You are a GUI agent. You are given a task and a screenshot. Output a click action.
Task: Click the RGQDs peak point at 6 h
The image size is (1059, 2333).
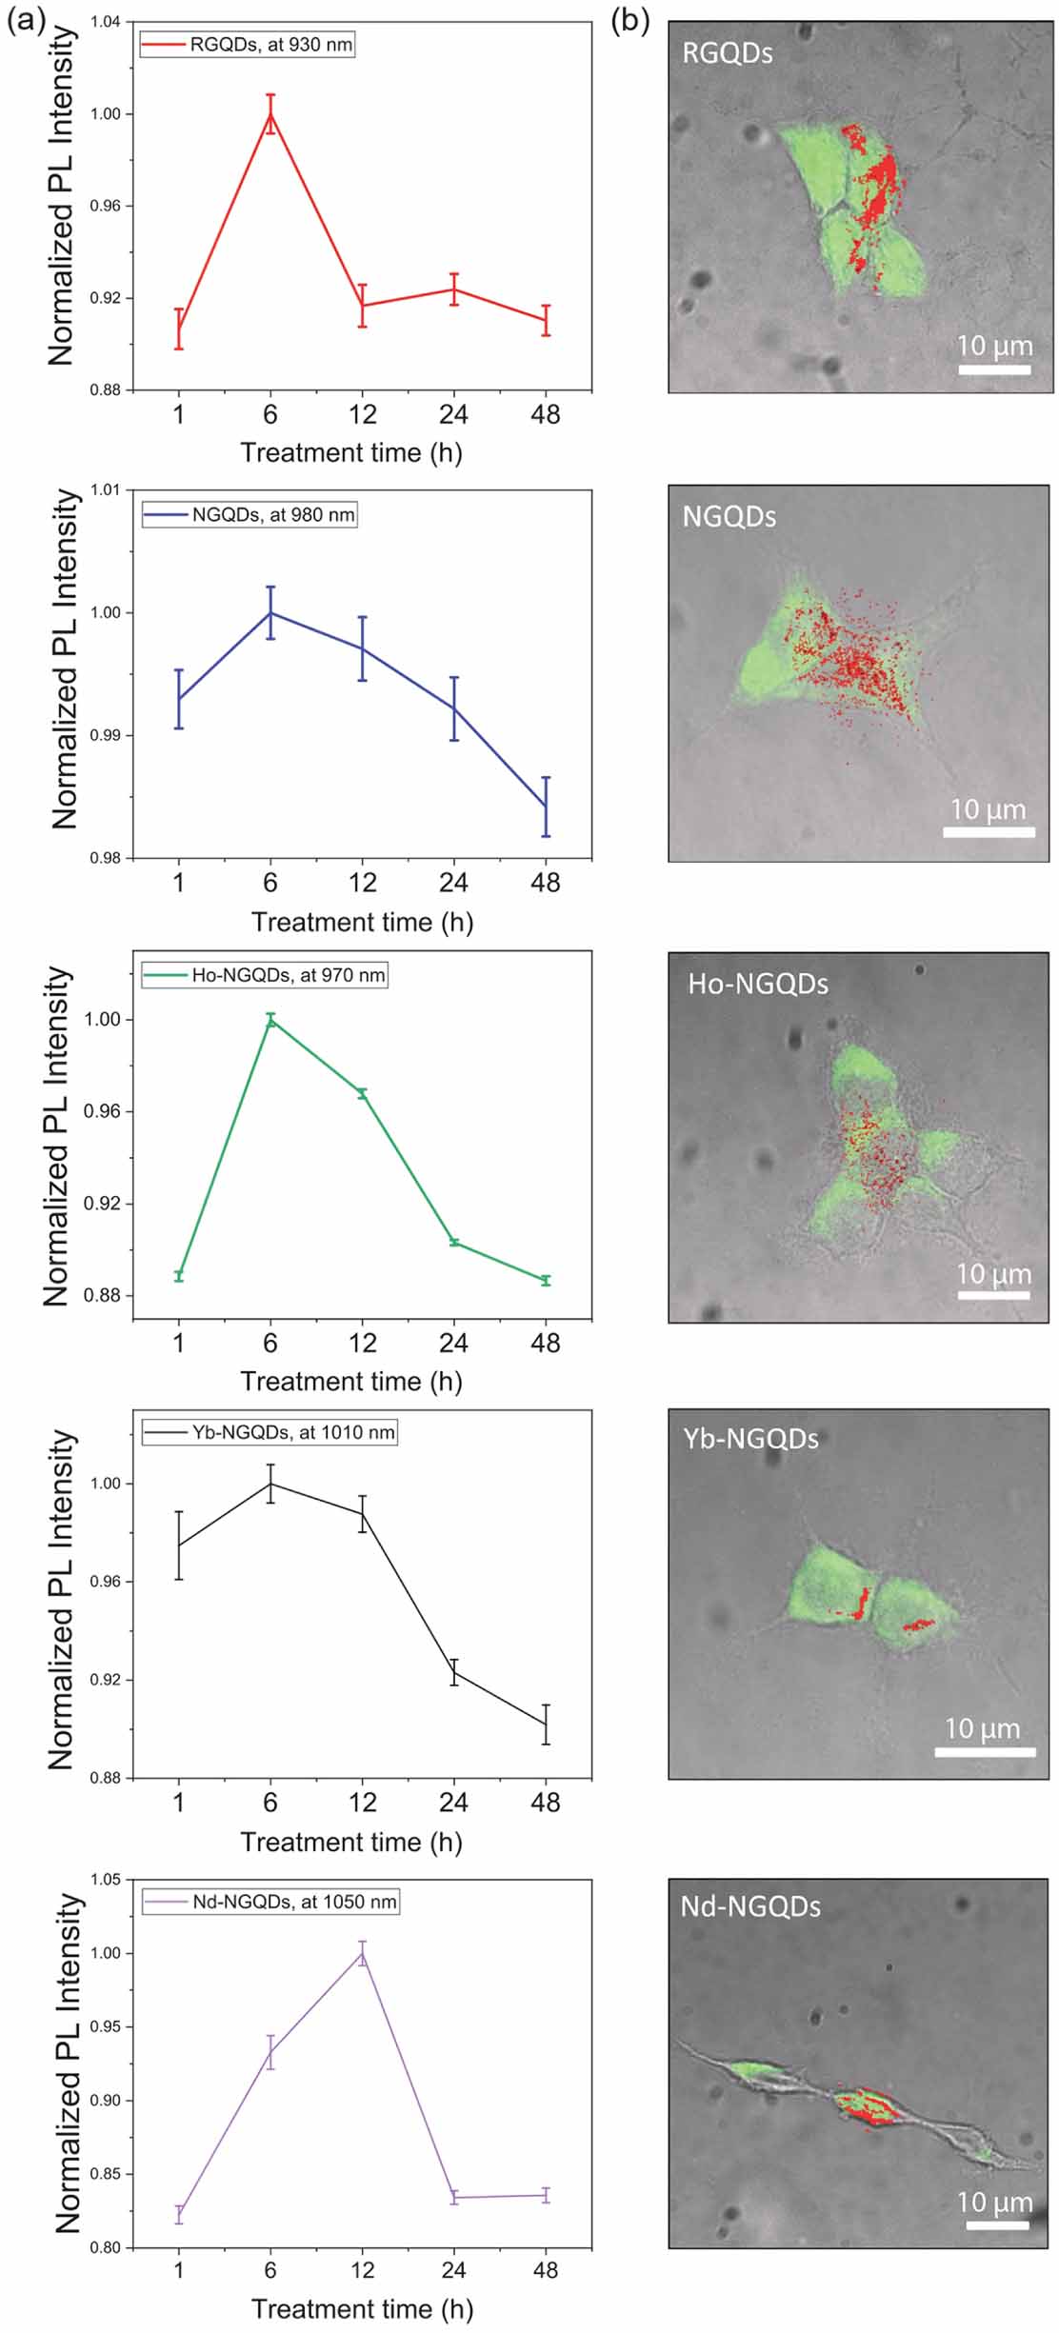270,114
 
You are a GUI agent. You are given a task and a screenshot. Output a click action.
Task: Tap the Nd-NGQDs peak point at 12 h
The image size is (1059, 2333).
362,1953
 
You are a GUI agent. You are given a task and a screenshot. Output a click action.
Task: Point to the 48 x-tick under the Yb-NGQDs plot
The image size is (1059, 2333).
546,1802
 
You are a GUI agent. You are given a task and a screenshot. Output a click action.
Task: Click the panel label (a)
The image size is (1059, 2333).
26,20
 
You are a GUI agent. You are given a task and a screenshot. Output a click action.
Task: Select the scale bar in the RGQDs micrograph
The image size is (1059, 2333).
994,369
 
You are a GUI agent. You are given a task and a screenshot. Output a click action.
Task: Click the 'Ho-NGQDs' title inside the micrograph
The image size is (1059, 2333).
758,984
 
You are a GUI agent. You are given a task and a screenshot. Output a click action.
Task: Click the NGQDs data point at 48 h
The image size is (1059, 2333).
546,807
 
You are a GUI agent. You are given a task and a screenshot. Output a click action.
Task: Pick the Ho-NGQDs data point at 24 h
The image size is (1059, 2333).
454,1242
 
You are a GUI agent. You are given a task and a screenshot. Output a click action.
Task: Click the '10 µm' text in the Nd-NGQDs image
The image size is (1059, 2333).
994,2202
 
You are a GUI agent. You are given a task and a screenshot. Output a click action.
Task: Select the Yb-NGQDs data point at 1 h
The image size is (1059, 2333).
178,1545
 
